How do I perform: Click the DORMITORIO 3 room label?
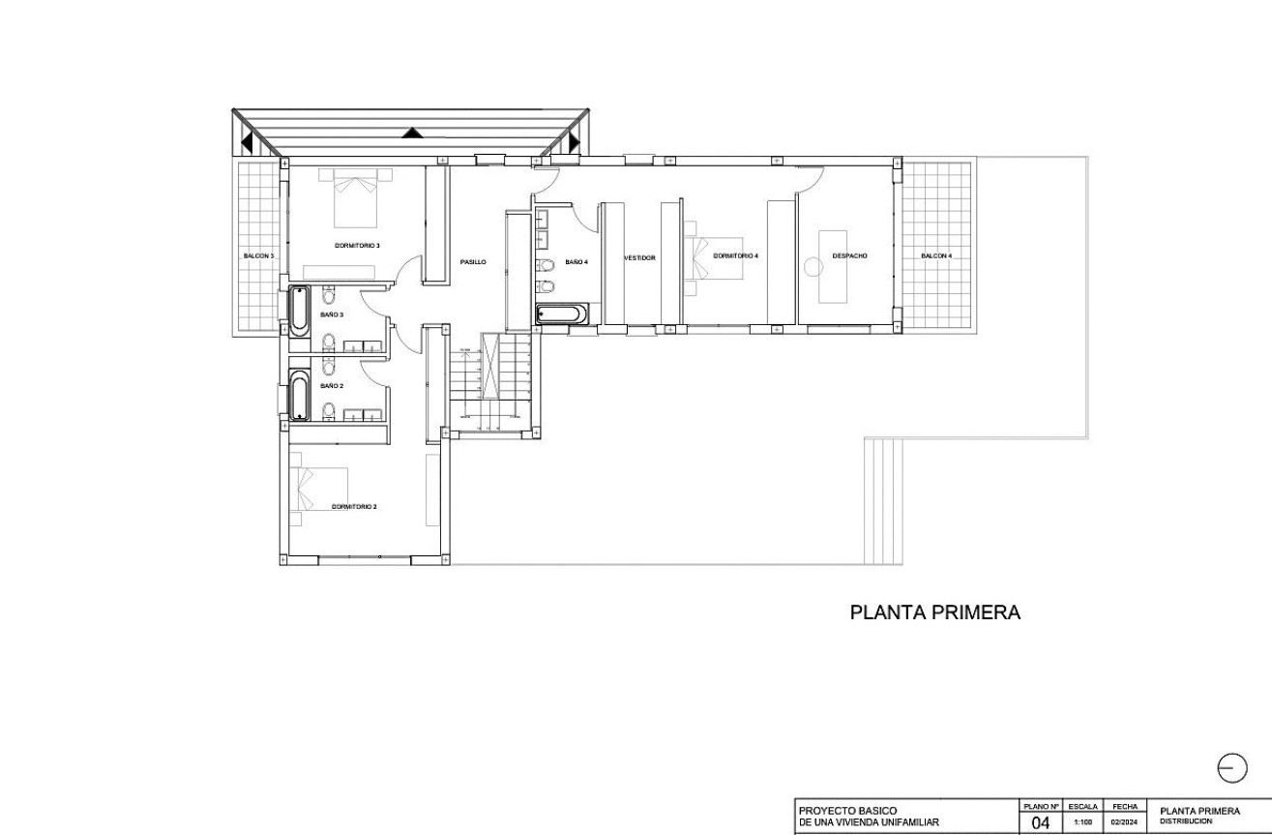(357, 246)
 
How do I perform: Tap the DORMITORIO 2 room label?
(354, 506)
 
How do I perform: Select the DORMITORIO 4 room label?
(735, 256)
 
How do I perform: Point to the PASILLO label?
(473, 262)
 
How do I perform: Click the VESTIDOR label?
(639, 258)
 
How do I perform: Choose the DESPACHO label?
(849, 256)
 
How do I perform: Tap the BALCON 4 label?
(936, 256)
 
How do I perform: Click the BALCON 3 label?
(258, 256)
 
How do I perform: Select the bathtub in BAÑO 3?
(300, 311)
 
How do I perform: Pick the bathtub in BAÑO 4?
(561, 314)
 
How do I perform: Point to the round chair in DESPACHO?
(812, 265)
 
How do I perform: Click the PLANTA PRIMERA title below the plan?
(934, 612)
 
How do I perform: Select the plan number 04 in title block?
(1040, 823)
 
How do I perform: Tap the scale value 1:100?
(1082, 823)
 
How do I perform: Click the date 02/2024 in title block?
(1123, 823)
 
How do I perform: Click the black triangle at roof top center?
(412, 133)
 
